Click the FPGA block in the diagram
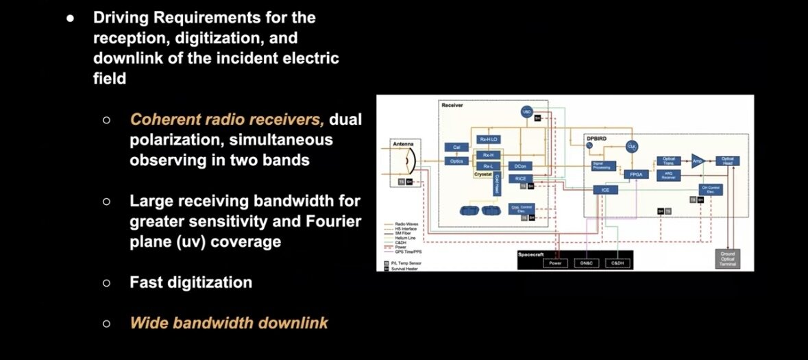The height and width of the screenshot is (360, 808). [x=635, y=175]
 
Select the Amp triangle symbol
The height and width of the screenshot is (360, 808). [x=696, y=160]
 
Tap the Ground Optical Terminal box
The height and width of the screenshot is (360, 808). [x=726, y=259]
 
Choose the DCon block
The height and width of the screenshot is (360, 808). [x=520, y=167]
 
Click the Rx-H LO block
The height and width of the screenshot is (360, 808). [x=489, y=139]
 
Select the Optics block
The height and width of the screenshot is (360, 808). [x=456, y=160]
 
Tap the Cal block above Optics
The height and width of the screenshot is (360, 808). [x=456, y=147]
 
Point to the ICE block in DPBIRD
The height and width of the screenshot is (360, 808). [x=605, y=190]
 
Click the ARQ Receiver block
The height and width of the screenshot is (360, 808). [x=668, y=174]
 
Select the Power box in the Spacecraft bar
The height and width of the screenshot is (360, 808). [x=555, y=262]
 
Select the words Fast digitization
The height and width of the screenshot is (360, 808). [x=191, y=282]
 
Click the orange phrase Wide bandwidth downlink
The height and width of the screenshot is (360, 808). [x=229, y=322]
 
